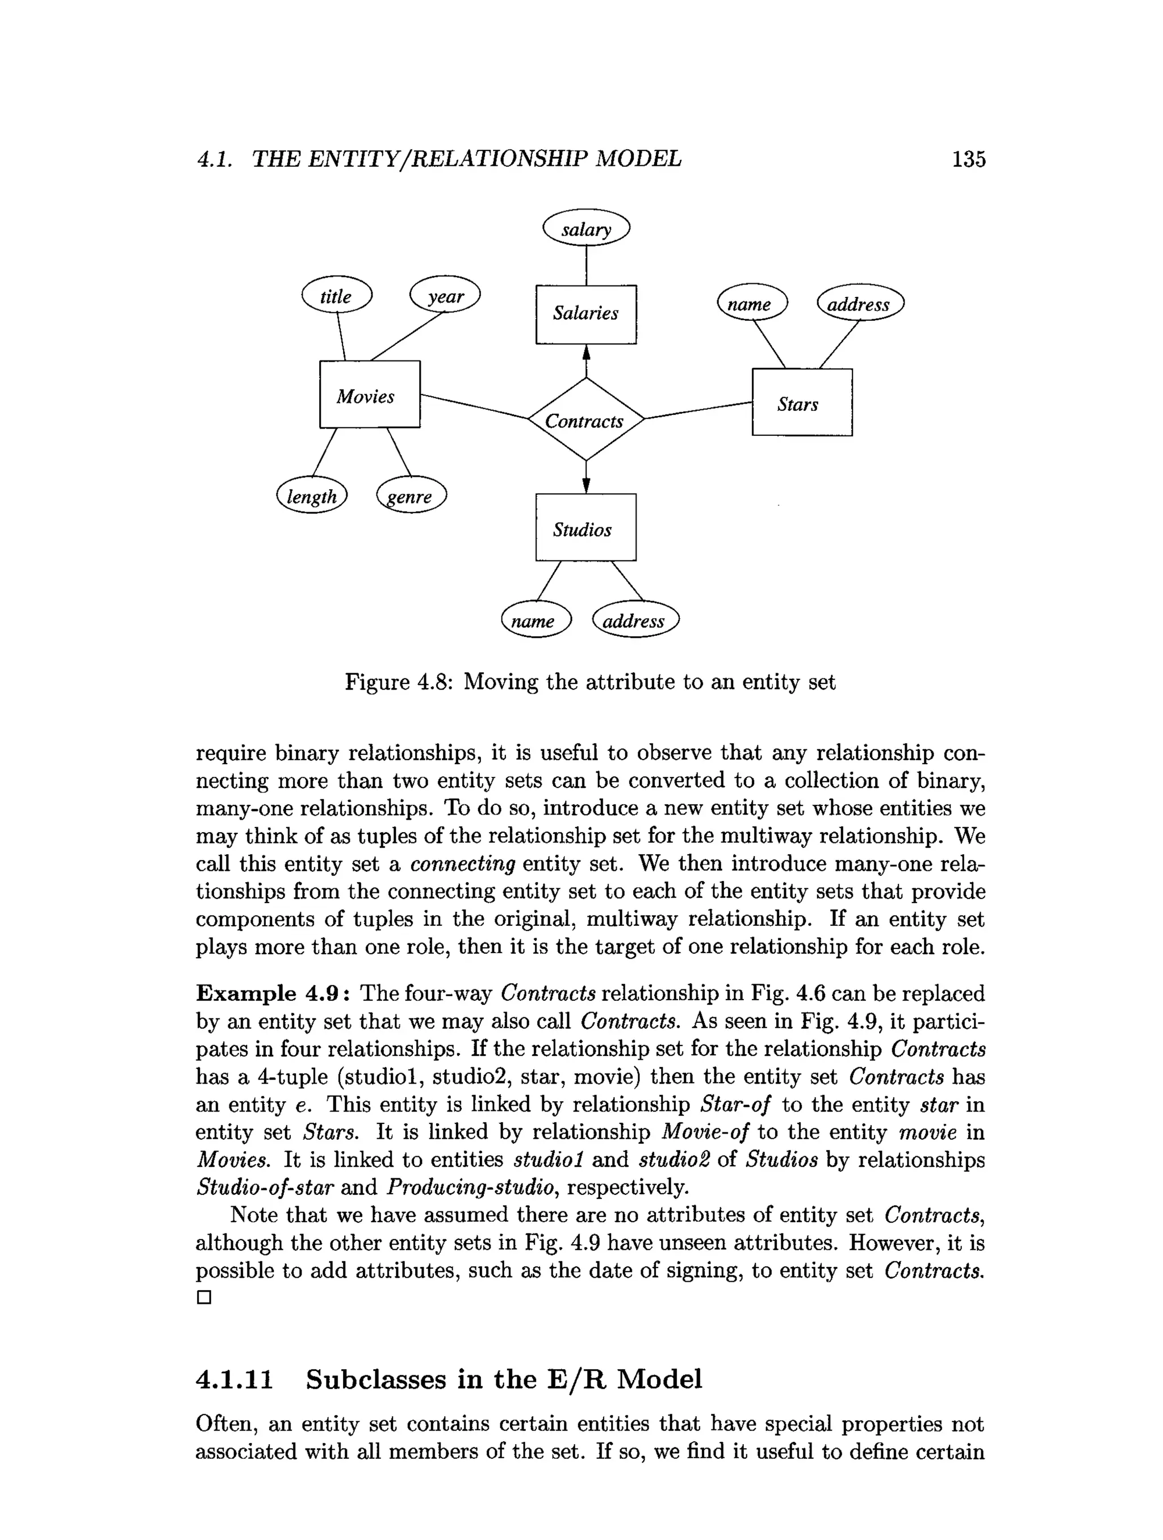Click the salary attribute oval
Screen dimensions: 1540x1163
coord(585,228)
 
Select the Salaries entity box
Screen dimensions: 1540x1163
coord(585,314)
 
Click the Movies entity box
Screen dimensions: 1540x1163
coord(369,394)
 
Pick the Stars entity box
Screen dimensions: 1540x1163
coord(802,402)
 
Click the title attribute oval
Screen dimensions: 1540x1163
coord(336,295)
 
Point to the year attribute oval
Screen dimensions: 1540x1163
coord(445,295)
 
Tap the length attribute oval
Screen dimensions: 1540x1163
coord(311,495)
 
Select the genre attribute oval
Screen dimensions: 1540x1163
coord(411,495)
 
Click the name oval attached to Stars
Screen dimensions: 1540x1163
coord(751,303)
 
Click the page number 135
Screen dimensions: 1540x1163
coord(968,160)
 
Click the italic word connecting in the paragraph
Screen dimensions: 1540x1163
coord(462,864)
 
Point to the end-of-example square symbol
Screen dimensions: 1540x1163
coord(203,1298)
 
